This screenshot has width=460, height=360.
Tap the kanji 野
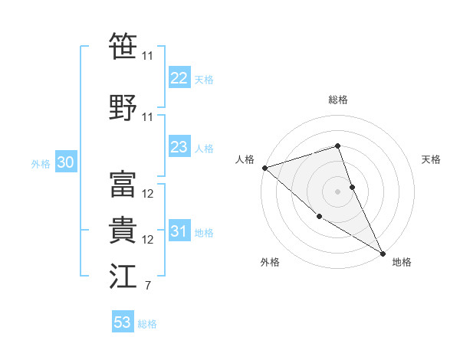coord(122,108)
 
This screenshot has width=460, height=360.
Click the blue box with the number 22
coord(179,78)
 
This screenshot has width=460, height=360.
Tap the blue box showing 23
coord(179,147)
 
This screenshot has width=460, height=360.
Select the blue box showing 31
coord(179,232)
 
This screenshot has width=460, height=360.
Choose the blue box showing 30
coord(65,162)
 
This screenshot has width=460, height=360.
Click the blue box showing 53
coord(123,322)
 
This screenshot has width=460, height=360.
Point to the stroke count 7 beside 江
coord(147,286)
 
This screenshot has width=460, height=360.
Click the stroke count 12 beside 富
coord(148,193)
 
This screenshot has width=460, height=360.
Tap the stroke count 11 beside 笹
coord(147,56)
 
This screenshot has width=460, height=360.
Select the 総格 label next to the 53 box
coord(148,324)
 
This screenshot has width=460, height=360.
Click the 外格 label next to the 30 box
coord(41,163)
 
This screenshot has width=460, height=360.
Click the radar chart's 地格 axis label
coord(402,262)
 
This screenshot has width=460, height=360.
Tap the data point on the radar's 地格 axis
coord(383,254)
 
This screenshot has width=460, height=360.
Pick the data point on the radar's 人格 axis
coord(264,168)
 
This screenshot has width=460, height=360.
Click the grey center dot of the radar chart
coord(337,191)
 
